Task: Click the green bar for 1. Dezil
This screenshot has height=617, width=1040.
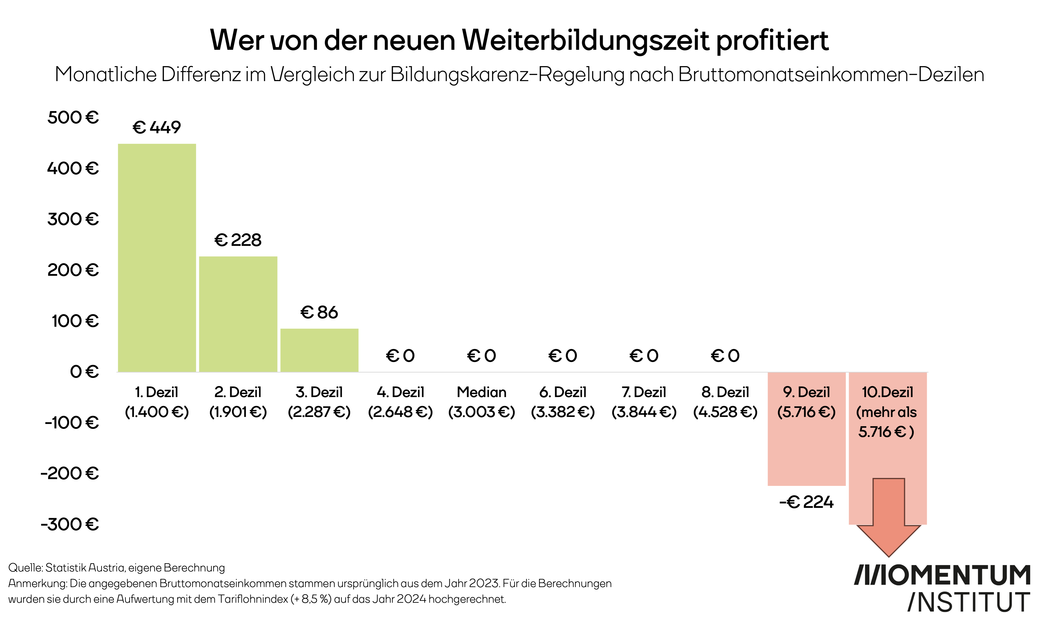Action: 157,258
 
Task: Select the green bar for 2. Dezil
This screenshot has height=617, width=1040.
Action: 238,314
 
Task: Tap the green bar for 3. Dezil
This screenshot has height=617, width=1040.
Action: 319,350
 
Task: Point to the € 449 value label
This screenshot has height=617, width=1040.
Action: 157,127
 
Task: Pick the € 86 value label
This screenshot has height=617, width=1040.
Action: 319,312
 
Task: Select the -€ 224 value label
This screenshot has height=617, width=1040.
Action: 806,502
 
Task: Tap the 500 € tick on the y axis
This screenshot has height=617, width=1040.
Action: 73,117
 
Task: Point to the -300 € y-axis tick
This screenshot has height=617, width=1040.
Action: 70,524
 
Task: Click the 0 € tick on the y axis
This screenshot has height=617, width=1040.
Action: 84,371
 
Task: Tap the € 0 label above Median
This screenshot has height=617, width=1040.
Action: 481,355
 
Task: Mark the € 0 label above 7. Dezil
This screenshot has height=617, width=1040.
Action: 644,355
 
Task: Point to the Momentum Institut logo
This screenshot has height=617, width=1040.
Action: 943,588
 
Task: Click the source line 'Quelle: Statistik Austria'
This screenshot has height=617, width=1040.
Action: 116,567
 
